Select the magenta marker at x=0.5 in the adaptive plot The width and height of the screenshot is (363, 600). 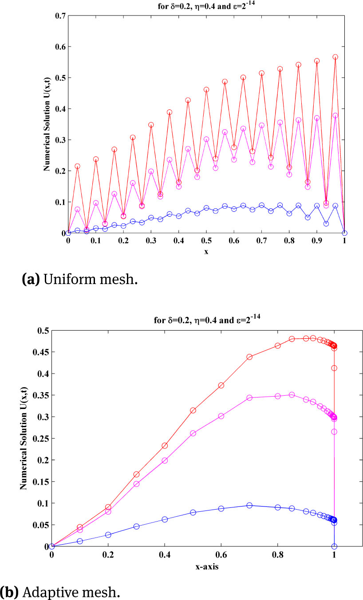[193, 433]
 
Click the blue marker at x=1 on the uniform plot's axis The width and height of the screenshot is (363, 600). [344, 233]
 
